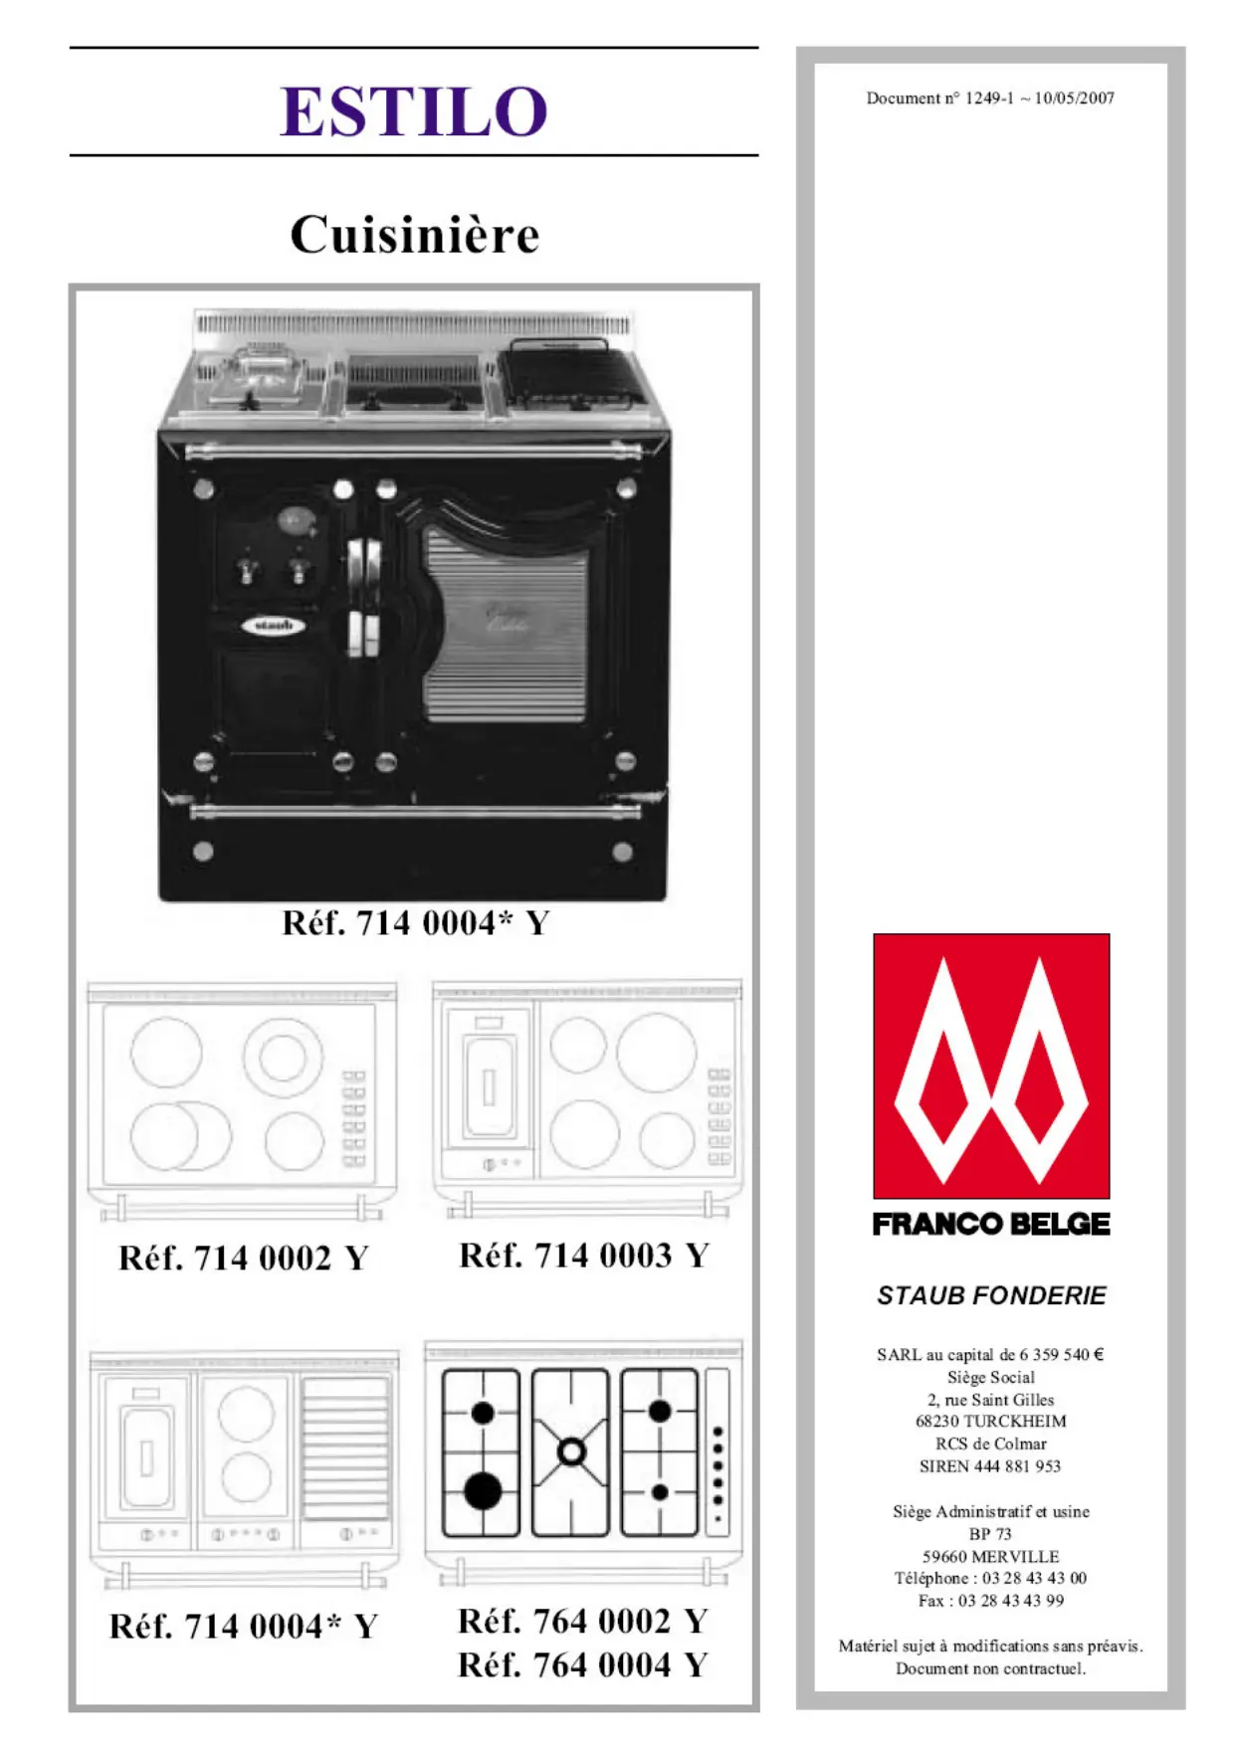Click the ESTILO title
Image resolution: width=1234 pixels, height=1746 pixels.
413,110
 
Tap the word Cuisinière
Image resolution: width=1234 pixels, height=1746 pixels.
414,235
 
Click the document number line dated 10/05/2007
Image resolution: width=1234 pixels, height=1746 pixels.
990,97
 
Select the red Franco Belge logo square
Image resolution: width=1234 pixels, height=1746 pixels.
991,1066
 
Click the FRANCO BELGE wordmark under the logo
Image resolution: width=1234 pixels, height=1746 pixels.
991,1224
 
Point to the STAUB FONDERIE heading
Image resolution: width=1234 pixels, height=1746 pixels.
991,1295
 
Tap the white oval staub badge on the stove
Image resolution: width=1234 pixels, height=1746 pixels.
273,626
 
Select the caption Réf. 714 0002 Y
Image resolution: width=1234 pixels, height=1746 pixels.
244,1259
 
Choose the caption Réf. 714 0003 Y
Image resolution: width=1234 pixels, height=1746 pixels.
584,1256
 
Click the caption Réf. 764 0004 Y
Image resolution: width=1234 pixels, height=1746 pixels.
583,1664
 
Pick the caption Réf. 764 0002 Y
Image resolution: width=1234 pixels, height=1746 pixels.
583,1622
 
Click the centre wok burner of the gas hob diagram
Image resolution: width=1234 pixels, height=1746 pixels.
571,1452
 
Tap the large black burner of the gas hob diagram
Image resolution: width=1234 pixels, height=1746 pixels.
483,1491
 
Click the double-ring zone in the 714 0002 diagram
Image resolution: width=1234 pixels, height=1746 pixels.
282,1057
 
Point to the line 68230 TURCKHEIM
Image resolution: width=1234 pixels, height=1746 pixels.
991,1422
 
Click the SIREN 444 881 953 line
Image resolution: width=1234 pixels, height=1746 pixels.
991,1466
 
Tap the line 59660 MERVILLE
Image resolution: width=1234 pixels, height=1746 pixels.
991,1556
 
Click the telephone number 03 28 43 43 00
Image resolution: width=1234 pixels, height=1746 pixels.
1034,1578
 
